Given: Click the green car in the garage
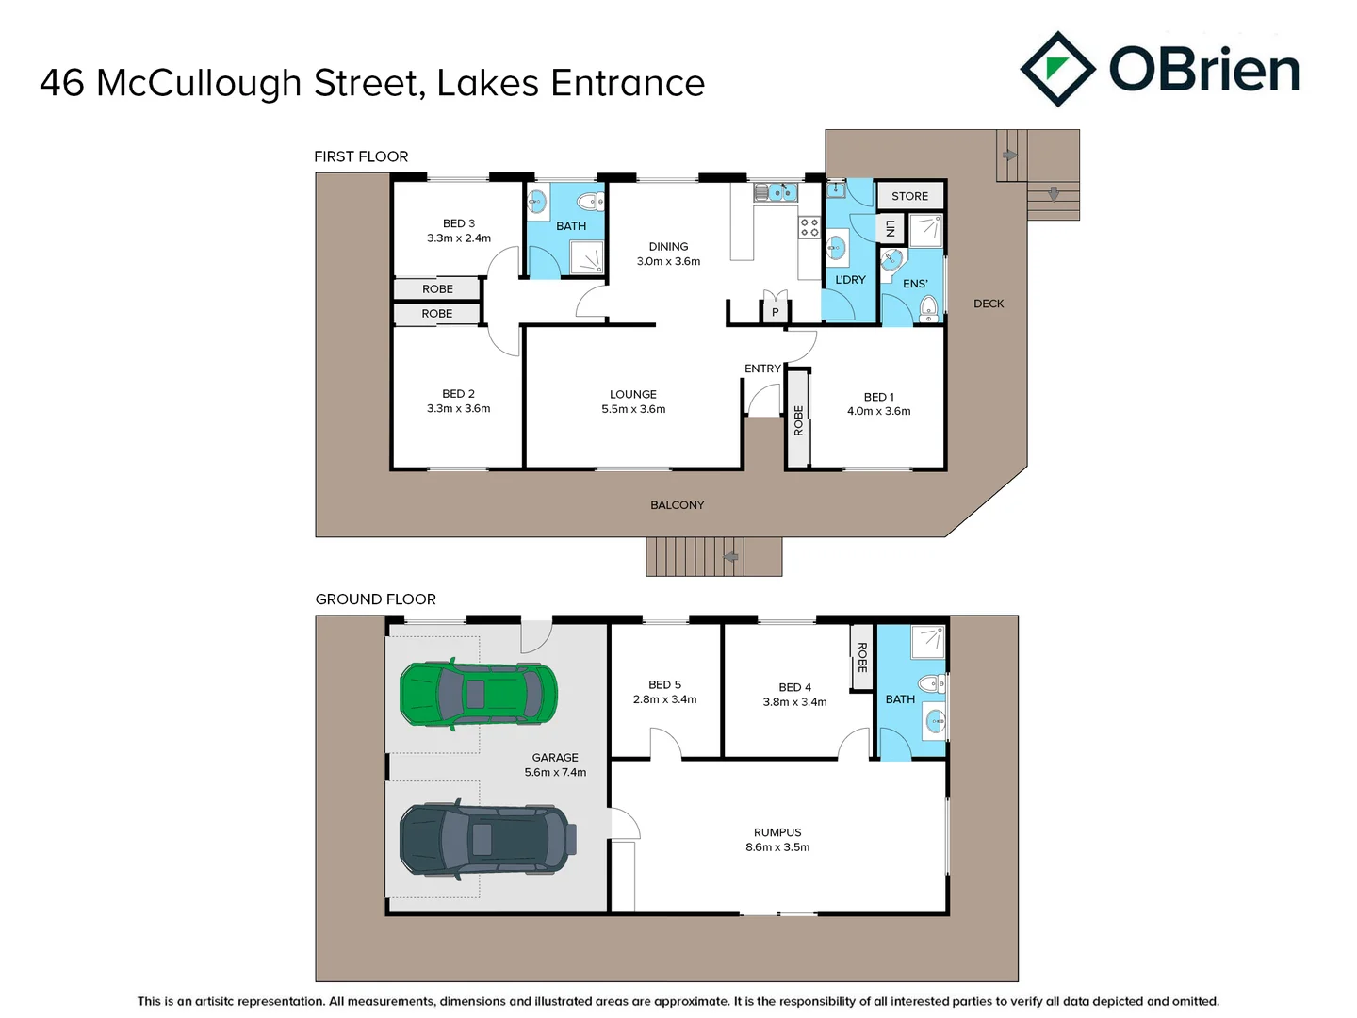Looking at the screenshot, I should (x=478, y=695).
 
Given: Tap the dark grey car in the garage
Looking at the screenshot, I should (x=486, y=838).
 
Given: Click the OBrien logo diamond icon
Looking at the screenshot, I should (x=1057, y=69).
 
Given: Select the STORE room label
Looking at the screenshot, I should (x=909, y=196).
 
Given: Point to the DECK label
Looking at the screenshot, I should (x=989, y=304).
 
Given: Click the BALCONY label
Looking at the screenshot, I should (x=677, y=505).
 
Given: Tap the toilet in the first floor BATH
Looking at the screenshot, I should (x=591, y=200).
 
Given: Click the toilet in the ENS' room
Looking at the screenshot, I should (x=929, y=306).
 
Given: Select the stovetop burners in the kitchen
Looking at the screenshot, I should (x=809, y=226).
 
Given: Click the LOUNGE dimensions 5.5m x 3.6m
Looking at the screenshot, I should (x=633, y=409).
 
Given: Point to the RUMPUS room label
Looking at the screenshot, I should (x=777, y=832).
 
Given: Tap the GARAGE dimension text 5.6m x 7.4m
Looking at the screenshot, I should (x=555, y=772).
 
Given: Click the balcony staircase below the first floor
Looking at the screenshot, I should (x=712, y=556).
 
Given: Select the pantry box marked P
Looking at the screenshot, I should (x=775, y=311).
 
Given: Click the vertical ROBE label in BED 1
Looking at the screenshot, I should (x=798, y=420).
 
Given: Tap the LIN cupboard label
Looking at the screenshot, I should (x=890, y=228).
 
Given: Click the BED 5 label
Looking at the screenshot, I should (x=664, y=684).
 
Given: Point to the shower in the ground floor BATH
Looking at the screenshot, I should (x=927, y=640).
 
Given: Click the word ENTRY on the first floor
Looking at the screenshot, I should (x=762, y=369).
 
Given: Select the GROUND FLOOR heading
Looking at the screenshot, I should (x=375, y=599).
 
